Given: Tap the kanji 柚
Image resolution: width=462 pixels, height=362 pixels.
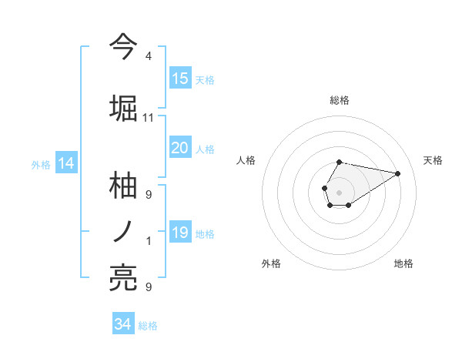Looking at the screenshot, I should (x=122, y=186).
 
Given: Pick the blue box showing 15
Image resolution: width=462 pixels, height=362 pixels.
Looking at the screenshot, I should (x=180, y=79).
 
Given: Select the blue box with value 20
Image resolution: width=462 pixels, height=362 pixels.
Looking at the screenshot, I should (x=180, y=148).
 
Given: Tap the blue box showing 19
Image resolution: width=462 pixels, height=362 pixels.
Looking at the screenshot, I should (x=180, y=233).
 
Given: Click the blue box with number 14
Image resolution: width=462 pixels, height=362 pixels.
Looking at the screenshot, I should (x=66, y=163).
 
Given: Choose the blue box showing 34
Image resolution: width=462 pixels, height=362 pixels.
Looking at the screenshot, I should (x=123, y=325).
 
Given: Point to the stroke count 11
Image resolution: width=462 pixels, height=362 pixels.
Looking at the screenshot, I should (x=149, y=118).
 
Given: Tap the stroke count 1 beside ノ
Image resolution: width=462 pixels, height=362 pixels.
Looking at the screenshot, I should (x=149, y=241).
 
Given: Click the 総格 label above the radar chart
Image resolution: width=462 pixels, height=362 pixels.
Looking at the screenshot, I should (x=340, y=100).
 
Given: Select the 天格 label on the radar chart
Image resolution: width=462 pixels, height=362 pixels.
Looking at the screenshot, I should (x=434, y=160).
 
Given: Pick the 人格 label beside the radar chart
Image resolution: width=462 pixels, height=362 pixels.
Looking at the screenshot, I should (x=246, y=160).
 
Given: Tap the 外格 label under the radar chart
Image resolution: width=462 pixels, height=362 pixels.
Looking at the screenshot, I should (x=271, y=263).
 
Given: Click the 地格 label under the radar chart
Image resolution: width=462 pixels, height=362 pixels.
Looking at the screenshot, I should (x=403, y=263).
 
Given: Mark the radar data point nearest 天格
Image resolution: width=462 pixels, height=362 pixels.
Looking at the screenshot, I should (x=397, y=173).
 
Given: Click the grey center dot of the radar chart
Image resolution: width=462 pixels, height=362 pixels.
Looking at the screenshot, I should (x=339, y=191).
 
